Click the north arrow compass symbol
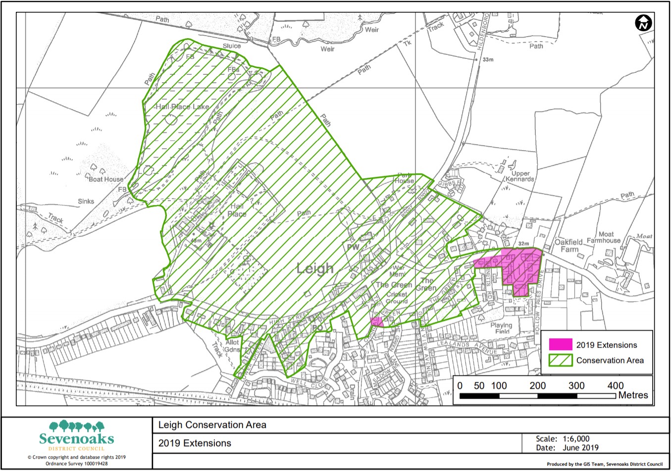(643, 23)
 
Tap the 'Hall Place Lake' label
(182, 106)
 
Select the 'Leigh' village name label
(315, 268)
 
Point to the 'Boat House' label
(106, 179)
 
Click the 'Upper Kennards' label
(520, 176)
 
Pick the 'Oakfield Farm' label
(568, 246)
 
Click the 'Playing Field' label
(501, 328)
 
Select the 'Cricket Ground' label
(397, 298)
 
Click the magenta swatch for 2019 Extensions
(561, 345)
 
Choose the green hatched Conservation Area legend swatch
(561, 360)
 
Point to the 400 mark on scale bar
(616, 385)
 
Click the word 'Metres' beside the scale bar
(633, 395)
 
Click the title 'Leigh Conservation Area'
(212, 425)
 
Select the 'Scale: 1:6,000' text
(563, 439)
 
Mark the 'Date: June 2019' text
(567, 448)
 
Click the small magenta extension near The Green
(377, 321)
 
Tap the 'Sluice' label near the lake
(231, 46)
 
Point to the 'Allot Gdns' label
(232, 346)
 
